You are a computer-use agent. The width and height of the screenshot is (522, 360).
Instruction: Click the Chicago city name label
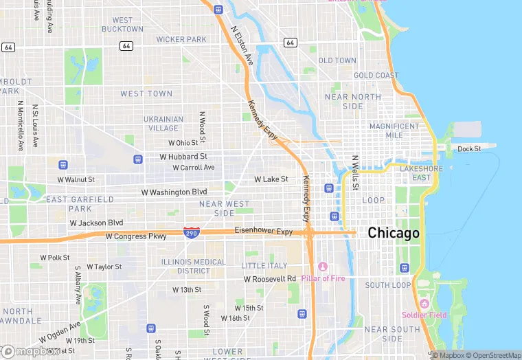[x=394, y=233]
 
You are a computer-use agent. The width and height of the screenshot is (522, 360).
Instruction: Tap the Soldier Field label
[x=424, y=315]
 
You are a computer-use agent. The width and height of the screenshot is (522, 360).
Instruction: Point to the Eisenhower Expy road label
[x=264, y=232]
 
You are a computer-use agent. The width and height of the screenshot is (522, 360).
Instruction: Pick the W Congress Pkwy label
[x=136, y=236]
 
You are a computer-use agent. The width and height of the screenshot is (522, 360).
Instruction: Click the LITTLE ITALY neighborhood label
[x=264, y=266]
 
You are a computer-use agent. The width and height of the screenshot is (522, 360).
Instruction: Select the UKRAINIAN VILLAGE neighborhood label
[x=163, y=123]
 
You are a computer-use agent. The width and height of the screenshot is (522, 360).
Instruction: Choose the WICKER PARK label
[x=181, y=40]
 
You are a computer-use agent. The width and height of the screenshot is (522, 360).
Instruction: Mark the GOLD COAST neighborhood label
[x=376, y=76]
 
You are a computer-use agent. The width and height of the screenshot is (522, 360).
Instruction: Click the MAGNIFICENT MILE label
[x=394, y=131]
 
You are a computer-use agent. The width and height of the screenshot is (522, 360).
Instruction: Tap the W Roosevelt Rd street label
[x=270, y=279]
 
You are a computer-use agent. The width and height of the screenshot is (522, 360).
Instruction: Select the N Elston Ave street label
[x=242, y=46]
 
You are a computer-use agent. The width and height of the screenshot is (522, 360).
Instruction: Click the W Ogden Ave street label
[x=60, y=331]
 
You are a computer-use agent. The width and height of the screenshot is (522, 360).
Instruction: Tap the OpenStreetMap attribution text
[x=496, y=355]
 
